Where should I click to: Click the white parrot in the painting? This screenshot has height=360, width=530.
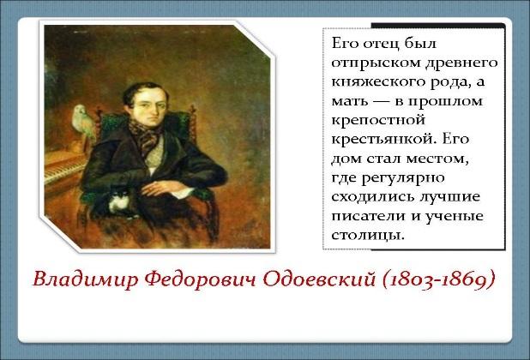tap(84, 123)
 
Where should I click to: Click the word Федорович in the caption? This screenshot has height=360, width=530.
tap(202, 280)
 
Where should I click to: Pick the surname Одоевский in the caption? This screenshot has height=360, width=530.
tap(319, 279)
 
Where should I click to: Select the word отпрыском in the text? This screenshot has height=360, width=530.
tap(376, 63)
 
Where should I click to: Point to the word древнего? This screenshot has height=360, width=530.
tap(461, 63)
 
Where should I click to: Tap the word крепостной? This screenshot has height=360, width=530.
tap(378, 121)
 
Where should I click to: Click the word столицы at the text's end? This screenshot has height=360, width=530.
tap(368, 236)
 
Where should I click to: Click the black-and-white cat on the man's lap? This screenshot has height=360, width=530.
tap(119, 201)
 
